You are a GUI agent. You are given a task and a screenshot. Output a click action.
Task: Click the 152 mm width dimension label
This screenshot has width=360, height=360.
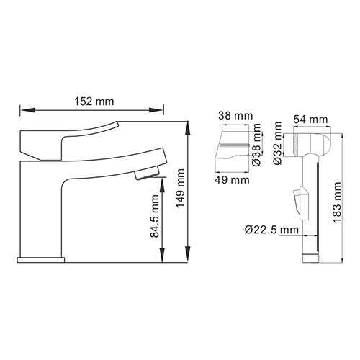click(94, 102)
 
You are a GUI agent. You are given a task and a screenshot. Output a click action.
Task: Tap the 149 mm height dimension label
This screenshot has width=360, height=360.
click(180, 188)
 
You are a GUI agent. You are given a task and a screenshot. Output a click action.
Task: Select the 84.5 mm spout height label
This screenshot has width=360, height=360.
click(155, 216)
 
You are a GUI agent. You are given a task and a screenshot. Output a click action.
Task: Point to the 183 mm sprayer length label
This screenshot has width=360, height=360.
click(336, 202)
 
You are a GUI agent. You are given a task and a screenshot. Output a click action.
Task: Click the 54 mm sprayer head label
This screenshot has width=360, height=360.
click(311, 120)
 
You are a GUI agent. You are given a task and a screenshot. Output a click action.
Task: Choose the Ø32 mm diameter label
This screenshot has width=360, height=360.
click(277, 143)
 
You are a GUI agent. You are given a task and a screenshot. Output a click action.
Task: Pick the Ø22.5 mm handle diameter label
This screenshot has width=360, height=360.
click(271, 230)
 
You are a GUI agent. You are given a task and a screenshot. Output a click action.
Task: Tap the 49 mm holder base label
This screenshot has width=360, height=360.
click(232, 180)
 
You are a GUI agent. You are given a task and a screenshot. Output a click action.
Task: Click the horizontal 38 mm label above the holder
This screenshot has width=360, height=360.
click(235, 116)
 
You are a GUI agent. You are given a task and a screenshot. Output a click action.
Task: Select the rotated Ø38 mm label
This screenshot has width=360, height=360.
click(256, 145)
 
